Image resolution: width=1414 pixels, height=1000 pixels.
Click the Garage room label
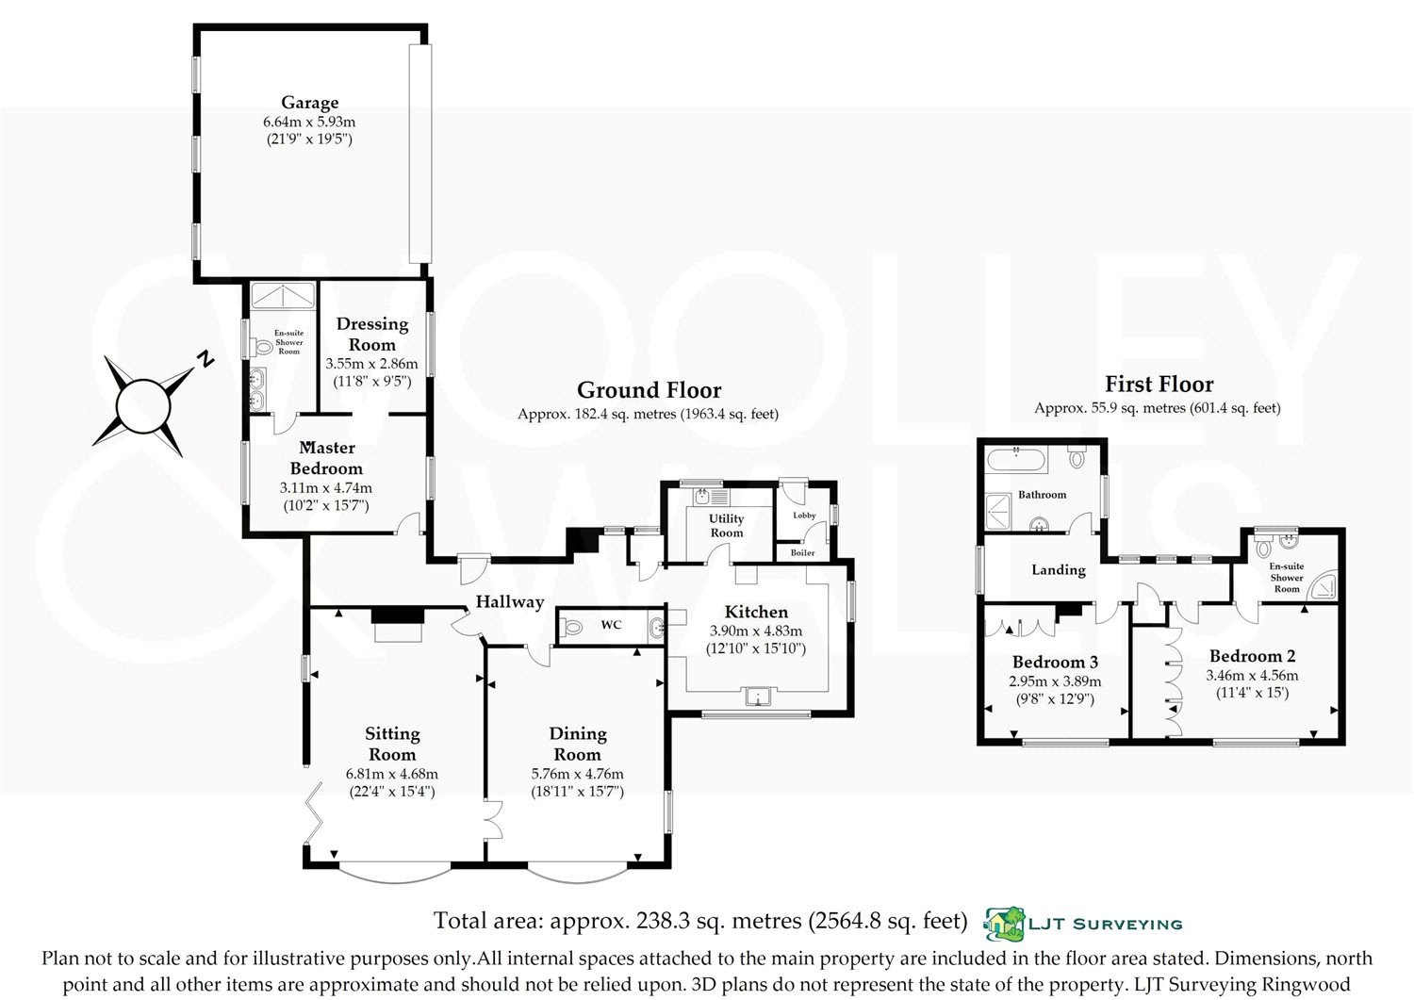(x=309, y=103)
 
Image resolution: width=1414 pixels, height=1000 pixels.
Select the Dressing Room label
(x=371, y=334)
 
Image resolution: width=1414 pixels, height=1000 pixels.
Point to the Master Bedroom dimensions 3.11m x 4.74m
(x=326, y=488)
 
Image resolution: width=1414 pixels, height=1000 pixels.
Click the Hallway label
(x=510, y=601)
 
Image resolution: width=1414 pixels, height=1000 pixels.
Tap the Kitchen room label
(x=756, y=612)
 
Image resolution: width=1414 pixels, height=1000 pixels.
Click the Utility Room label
(x=727, y=525)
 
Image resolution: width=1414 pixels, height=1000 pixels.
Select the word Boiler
(x=803, y=552)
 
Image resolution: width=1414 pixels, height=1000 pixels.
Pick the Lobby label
(x=804, y=516)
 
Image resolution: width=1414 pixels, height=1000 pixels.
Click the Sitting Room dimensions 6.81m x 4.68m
(x=392, y=774)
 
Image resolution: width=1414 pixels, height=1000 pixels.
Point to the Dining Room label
(x=578, y=744)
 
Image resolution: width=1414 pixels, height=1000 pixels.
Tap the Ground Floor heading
(x=649, y=390)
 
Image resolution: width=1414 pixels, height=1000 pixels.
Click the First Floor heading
(x=1159, y=384)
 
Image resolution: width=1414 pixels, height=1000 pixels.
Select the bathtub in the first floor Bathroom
(x=1017, y=459)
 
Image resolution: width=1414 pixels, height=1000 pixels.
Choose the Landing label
(x=1059, y=570)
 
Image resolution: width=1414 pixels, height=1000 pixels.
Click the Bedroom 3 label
(x=1056, y=662)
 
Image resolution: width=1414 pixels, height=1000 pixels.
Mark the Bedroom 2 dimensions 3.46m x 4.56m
(x=1253, y=676)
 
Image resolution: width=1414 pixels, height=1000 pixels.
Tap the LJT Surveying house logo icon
(x=1004, y=924)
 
